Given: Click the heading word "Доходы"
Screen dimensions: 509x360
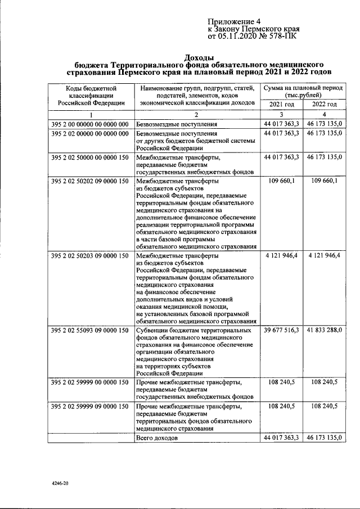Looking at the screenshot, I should (199, 57).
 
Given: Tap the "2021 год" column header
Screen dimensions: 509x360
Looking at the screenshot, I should (282, 105).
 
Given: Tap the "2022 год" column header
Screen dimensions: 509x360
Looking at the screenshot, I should (325, 105).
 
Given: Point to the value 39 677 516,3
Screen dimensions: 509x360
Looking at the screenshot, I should (282, 330).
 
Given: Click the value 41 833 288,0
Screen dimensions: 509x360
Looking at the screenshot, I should (325, 330).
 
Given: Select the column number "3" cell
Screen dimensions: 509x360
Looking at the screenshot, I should (282, 114).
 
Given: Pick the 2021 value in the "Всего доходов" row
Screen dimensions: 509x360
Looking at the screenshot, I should (282, 437).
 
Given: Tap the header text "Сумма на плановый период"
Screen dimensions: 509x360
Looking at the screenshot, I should (303, 88).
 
